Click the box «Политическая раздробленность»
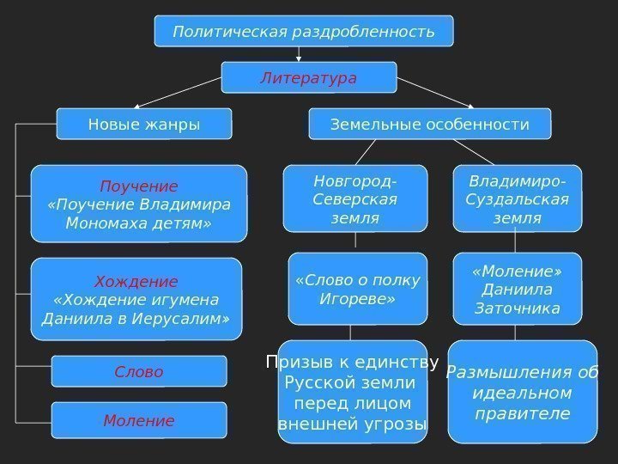tap(304, 31)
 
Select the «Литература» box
tap(309, 77)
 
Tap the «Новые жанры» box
tap(143, 124)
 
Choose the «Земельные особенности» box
tap(429, 124)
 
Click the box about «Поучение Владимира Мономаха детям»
tap(139, 205)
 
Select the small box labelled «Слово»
tap(139, 371)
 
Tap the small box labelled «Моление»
tap(139, 420)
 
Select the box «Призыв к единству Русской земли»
tap(353, 393)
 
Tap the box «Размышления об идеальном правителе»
tap(522, 393)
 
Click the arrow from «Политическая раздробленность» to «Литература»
tap(299, 53)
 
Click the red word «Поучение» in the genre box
tap(139, 186)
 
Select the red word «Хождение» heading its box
tap(136, 281)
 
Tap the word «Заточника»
tap(517, 308)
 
